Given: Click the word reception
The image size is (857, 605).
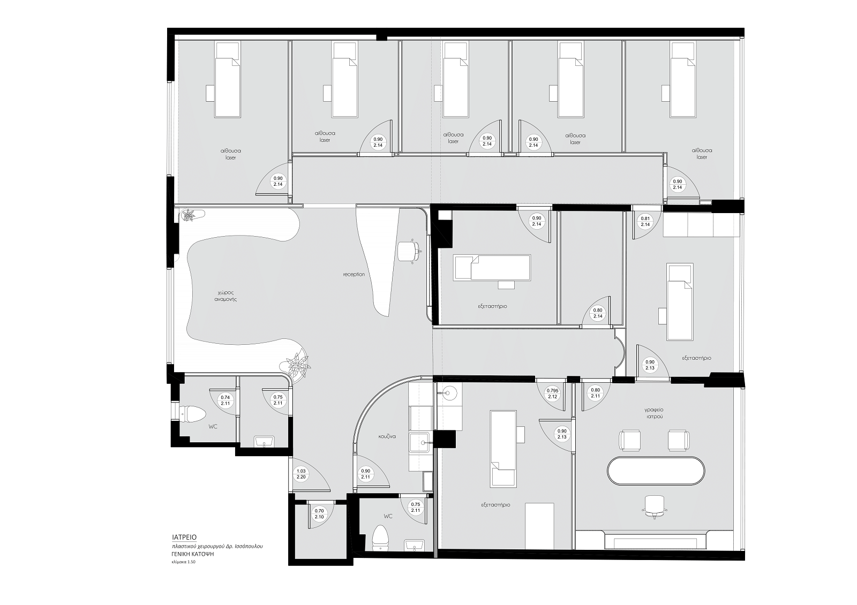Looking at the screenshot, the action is tap(354, 275).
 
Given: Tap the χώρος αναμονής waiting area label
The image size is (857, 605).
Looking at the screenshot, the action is tap(225, 296).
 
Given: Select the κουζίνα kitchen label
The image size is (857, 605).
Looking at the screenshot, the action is tap(387, 436).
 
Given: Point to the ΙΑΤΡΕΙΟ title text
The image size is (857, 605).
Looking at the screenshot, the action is tap(184, 538).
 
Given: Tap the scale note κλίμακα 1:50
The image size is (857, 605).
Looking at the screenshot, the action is tap(184, 562).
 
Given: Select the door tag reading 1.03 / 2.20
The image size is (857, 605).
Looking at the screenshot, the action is tap(301, 474).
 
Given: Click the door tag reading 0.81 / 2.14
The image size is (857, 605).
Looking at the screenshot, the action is tap(645, 222).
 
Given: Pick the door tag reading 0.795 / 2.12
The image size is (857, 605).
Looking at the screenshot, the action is tap(552, 394).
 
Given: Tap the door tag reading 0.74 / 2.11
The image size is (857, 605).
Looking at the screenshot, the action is tap(225, 400).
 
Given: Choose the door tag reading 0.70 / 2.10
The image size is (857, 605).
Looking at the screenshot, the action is tap(319, 513).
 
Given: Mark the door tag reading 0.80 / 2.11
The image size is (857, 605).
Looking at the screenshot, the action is tap(595, 393).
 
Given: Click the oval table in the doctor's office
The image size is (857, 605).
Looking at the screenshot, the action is tap(656, 471).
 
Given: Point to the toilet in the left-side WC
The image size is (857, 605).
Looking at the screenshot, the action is tap(192, 413).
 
